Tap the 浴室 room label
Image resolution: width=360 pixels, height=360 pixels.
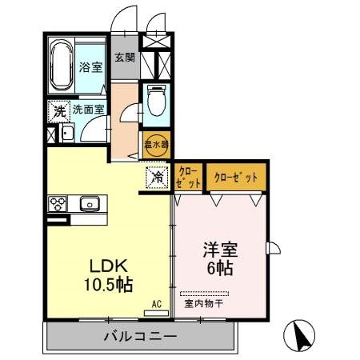click(90, 68)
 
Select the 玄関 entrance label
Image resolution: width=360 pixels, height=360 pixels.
click(124, 58)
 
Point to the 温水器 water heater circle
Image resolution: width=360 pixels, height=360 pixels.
click(157, 144)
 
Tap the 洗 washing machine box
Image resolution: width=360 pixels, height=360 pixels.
click(58, 111)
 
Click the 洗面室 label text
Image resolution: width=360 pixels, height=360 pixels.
click(88, 110)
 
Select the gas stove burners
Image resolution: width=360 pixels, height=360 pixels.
click(59, 202)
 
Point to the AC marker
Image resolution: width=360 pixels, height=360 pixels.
click(157, 303)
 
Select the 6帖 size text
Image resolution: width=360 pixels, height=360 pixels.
click(218, 268)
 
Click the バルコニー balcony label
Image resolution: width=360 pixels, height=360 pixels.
click(139, 337)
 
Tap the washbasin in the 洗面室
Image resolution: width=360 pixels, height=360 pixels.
click(67, 133)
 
